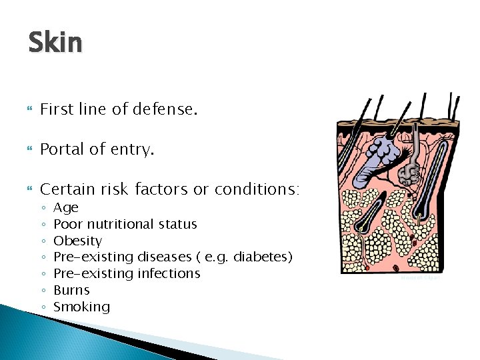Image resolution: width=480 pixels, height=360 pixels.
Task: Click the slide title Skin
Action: [x=55, y=43]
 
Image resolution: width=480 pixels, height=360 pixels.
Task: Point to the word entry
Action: [x=133, y=150]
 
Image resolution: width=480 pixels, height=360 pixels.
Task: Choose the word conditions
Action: [x=257, y=189]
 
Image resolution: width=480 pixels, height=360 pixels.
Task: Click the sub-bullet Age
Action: [x=65, y=208]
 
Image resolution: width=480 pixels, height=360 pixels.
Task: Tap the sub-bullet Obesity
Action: [x=77, y=241]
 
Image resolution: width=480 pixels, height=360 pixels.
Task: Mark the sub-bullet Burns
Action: [x=71, y=290]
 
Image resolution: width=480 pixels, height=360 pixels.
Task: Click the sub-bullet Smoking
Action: [x=81, y=307]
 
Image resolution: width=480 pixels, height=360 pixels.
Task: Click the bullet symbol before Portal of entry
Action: [x=30, y=150]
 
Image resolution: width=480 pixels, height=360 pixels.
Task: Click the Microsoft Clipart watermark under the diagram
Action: [x=420, y=279]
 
